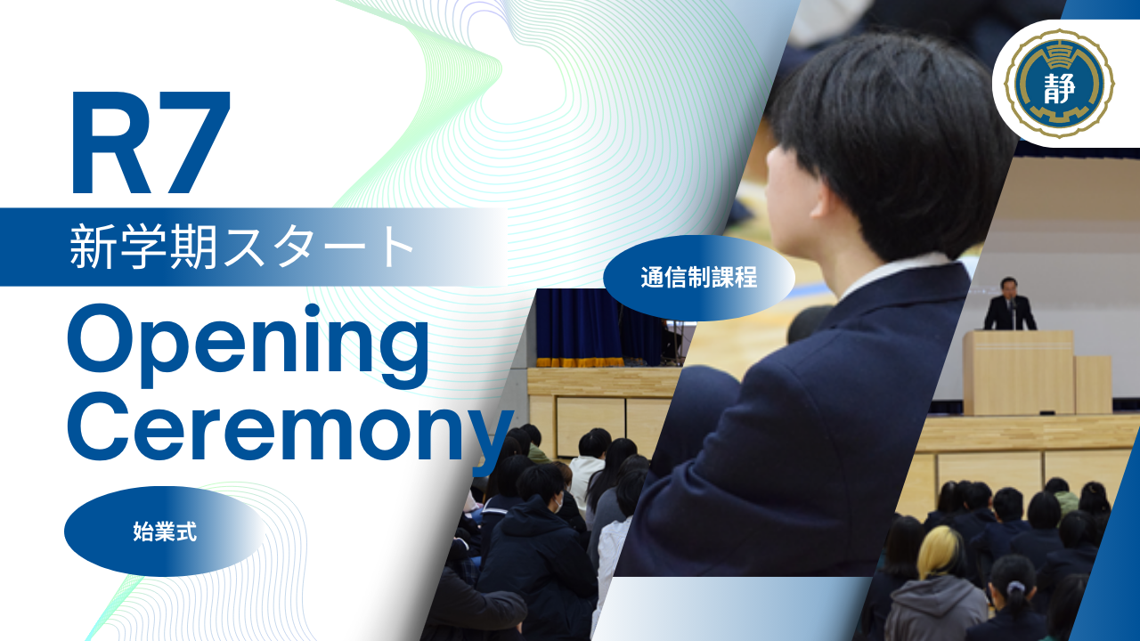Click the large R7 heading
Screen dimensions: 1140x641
pos(151,142)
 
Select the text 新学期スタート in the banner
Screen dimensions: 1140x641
pos(241,247)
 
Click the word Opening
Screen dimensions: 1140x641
pos(248,346)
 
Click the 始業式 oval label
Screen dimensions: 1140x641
pos(165,531)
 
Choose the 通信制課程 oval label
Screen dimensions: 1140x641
pos(699,278)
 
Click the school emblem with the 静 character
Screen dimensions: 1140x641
pos(1059,84)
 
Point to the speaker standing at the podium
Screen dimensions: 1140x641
pos(1010,304)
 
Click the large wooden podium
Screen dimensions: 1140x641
pos(1018,372)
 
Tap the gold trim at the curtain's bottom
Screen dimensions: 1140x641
pos(580,362)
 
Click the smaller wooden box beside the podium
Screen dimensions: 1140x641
pos(1093,385)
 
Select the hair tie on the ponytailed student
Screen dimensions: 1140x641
pos(1015,588)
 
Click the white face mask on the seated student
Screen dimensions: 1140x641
pos(558,504)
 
